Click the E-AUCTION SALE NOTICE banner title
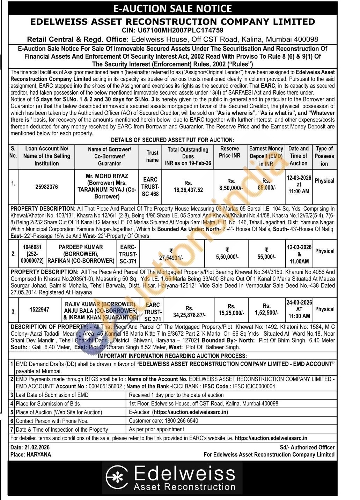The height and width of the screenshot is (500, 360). pyautogui.click(x=172, y=8)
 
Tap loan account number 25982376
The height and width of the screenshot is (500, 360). pyautogui.click(x=46, y=187)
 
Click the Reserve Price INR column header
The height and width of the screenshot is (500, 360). pyautogui.click(x=229, y=152)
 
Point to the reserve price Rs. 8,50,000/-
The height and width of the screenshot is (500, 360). pyautogui.click(x=231, y=185)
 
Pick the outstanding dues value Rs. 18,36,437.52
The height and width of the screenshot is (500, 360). pyautogui.click(x=188, y=187)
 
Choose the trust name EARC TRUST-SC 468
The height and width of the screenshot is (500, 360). pyautogui.click(x=150, y=187)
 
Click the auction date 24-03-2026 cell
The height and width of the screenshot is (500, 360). pyautogui.click(x=299, y=303)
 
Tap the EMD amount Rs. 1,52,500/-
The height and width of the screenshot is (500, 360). pyautogui.click(x=266, y=309)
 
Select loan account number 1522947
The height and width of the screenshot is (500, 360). pyautogui.click(x=39, y=309)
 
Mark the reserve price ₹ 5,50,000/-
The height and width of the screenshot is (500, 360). pyautogui.click(x=227, y=254)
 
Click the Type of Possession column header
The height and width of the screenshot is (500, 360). pyautogui.click(x=324, y=156)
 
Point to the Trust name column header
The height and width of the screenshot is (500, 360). pyautogui.click(x=152, y=156)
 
